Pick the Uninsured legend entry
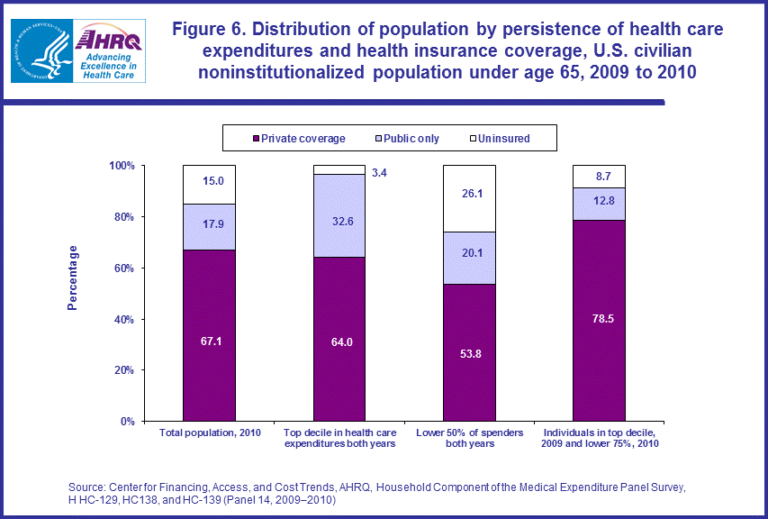tap(500, 138)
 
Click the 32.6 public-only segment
tap(339, 215)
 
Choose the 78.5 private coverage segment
tap(599, 320)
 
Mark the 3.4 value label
tap(380, 172)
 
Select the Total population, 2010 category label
tap(210, 432)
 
